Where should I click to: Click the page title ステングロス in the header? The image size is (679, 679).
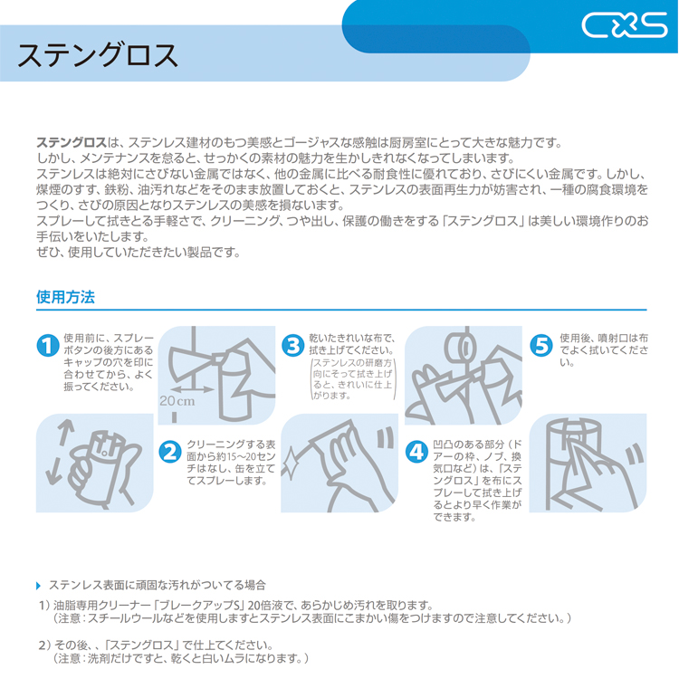coord(99,56)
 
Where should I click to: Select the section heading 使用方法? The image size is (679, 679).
coord(65,296)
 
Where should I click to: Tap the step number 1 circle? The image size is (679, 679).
coord(48,346)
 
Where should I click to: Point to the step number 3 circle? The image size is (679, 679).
coord(292,346)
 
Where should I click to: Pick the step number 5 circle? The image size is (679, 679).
coord(540,346)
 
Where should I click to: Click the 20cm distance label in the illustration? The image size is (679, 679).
coord(177,400)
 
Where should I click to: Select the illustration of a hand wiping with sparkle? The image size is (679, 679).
coord(339,463)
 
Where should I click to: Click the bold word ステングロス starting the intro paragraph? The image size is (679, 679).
coord(72,142)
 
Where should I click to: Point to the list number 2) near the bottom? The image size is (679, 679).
coord(43,645)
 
